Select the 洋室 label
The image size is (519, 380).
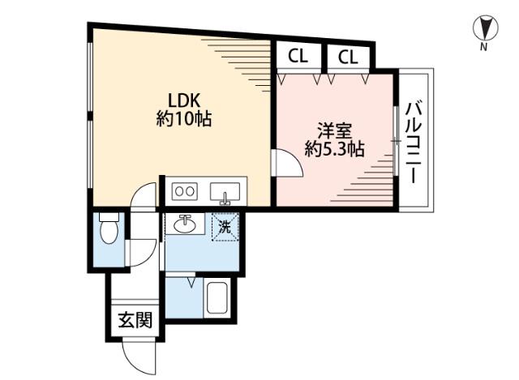tap(333, 130)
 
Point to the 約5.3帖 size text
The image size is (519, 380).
tap(333, 149)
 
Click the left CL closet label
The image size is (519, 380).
tap(298, 57)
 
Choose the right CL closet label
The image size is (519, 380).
tap(348, 57)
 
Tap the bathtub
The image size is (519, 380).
tap(219, 300)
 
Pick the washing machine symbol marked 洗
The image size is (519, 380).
tap(226, 226)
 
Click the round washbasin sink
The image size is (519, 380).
tap(186, 224)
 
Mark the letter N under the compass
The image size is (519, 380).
tap(483, 47)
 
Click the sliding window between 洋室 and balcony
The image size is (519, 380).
tap(397, 143)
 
